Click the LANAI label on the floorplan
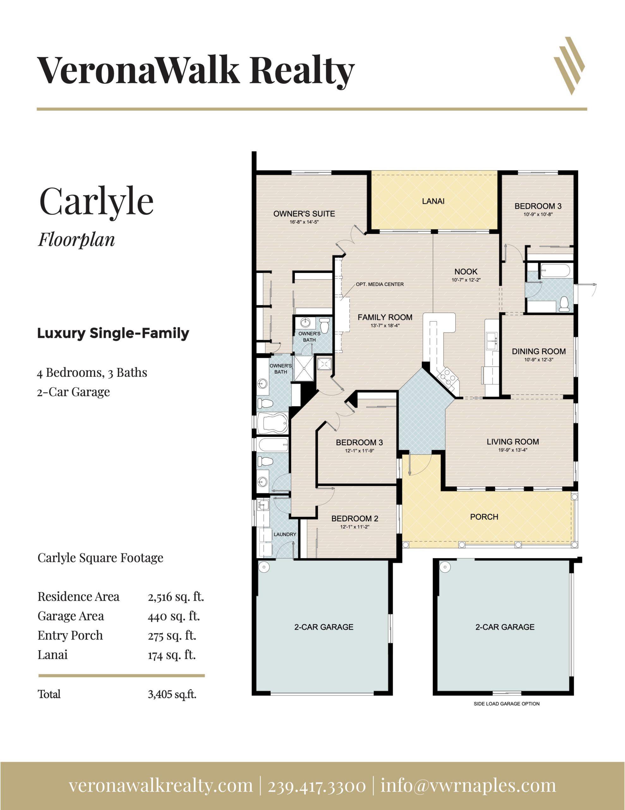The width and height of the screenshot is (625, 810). pyautogui.click(x=433, y=201)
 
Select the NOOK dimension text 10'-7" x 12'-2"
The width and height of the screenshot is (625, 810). pyautogui.click(x=466, y=280)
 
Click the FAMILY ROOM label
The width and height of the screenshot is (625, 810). pyautogui.click(x=385, y=317)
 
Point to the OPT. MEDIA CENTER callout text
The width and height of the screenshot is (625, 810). pyautogui.click(x=380, y=284)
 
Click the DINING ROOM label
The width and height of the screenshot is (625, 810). pyautogui.click(x=539, y=351)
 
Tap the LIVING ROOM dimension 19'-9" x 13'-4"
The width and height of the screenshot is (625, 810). pyautogui.click(x=513, y=450)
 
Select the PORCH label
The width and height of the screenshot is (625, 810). pyautogui.click(x=484, y=517)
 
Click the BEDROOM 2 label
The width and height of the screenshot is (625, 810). pyautogui.click(x=355, y=519)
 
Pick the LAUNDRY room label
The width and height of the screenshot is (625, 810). pyautogui.click(x=285, y=534)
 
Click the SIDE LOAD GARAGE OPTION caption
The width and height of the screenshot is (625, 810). pyautogui.click(x=507, y=704)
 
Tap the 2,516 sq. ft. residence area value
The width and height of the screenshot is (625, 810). pyautogui.click(x=176, y=597)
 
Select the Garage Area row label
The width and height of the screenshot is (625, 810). pyautogui.click(x=71, y=616)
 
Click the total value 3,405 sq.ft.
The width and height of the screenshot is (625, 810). pyautogui.click(x=172, y=694)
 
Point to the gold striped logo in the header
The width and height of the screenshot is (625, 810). pyautogui.click(x=569, y=66)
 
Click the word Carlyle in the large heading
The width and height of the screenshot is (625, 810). pyautogui.click(x=96, y=202)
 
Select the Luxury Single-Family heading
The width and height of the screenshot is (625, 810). pyautogui.click(x=113, y=333)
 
